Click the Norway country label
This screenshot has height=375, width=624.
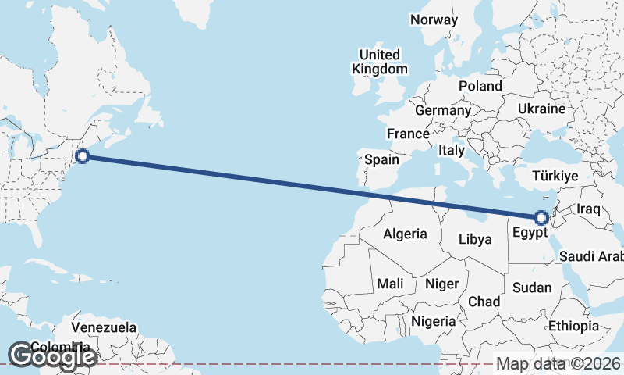click(x=434, y=20)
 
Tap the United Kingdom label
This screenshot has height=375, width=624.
click(x=380, y=62)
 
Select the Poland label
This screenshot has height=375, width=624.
click(x=480, y=86)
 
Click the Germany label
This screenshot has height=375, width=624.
click(x=443, y=110)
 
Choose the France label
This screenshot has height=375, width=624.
click(x=408, y=134)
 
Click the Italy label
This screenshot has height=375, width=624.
click(x=452, y=150)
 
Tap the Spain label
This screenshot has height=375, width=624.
click(x=382, y=160)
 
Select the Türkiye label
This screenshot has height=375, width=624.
click(x=555, y=177)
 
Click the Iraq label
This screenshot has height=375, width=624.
click(x=589, y=209)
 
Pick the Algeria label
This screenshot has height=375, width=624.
click(x=405, y=234)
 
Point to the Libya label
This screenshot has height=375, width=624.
click(x=475, y=239)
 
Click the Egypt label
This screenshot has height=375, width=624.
click(x=530, y=232)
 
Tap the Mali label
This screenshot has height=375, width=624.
click(x=389, y=284)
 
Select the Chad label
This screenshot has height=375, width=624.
click(x=484, y=301)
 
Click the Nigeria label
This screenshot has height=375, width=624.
click(x=433, y=321)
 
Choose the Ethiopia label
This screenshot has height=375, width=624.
click(x=573, y=326)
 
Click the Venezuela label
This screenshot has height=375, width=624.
click(x=104, y=327)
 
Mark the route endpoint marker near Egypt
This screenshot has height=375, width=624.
click(x=541, y=217)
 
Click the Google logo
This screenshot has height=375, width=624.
click(x=52, y=356)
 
